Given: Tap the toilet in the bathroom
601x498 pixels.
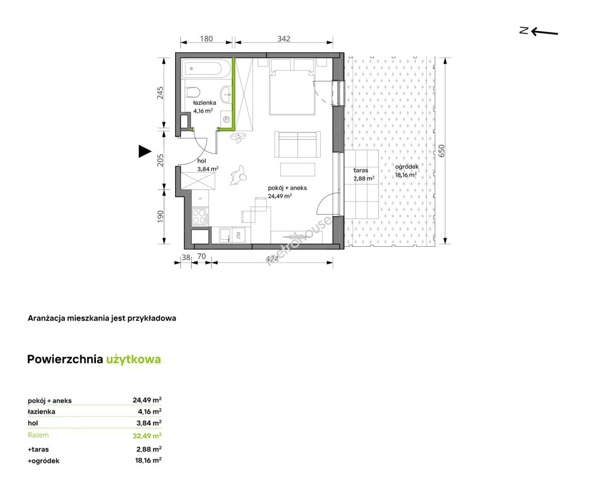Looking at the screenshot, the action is pyautogui.click(x=193, y=93).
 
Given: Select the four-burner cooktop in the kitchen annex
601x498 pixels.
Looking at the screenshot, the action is pyautogui.click(x=200, y=216).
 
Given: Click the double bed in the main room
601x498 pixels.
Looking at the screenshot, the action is pyautogui.click(x=291, y=92).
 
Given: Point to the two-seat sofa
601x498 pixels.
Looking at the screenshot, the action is pyautogui.click(x=297, y=144).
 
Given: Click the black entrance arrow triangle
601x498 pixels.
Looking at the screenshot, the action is pyautogui.click(x=145, y=151).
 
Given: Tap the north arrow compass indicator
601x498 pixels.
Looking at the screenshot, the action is pyautogui.click(x=538, y=32).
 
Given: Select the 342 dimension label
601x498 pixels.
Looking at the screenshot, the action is pyautogui.click(x=283, y=39).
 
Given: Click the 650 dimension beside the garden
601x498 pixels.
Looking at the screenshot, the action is pyautogui.click(x=442, y=151).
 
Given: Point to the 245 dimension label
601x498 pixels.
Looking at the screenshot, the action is pyautogui.click(x=160, y=93).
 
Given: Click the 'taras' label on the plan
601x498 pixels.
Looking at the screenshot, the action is pyautogui.click(x=361, y=170).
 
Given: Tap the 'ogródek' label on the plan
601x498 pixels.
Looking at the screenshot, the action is pyautogui.click(x=407, y=166).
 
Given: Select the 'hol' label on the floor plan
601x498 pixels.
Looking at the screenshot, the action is pyautogui.click(x=201, y=161).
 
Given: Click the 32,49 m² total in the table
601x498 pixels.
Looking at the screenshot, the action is pyautogui.click(x=147, y=436).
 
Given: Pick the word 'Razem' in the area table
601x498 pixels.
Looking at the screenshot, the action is pyautogui.click(x=38, y=435).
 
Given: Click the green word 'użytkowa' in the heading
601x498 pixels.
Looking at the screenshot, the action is pyautogui.click(x=134, y=360).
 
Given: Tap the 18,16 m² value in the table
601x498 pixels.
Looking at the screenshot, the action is pyautogui.click(x=148, y=460).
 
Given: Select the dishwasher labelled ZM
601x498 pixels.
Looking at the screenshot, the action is pyautogui.click(x=239, y=235).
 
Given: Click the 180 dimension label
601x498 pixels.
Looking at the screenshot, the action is pyautogui.click(x=206, y=39).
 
